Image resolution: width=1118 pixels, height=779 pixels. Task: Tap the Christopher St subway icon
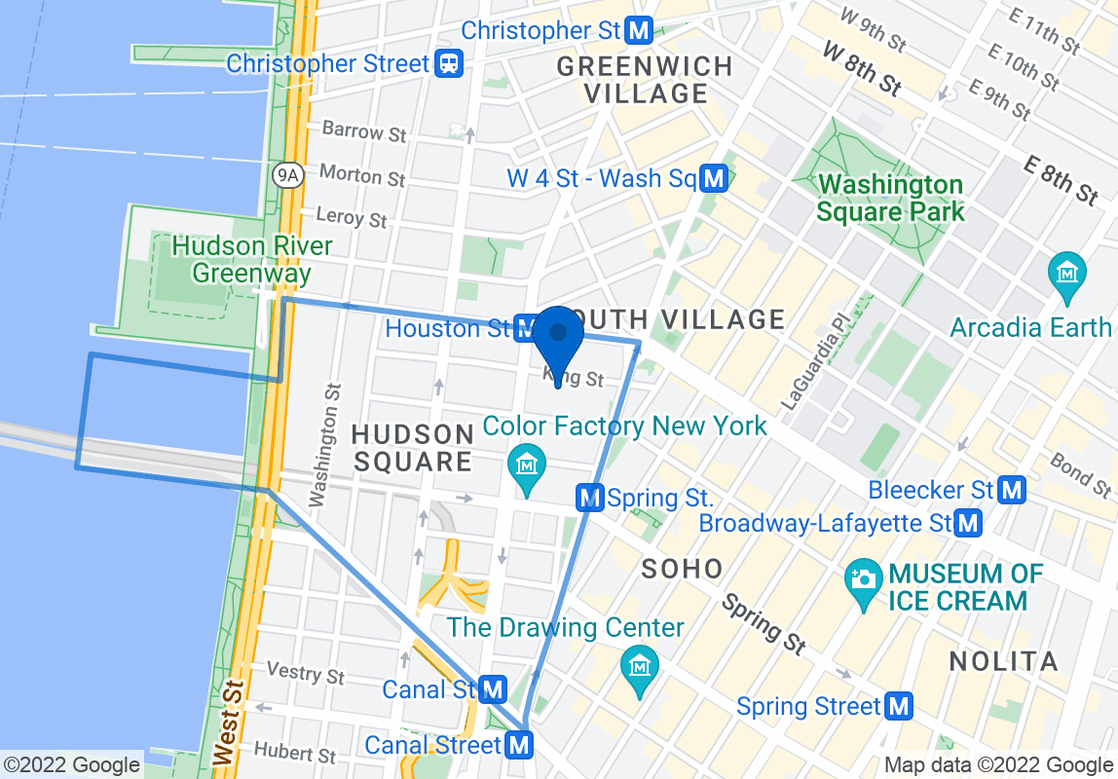(x=639, y=31)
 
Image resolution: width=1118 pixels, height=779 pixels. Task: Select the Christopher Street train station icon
(x=449, y=64)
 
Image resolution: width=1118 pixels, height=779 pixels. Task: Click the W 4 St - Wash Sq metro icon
(x=715, y=179)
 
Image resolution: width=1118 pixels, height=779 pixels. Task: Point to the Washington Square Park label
(x=890, y=198)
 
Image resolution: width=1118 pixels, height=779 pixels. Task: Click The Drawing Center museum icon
(x=640, y=666)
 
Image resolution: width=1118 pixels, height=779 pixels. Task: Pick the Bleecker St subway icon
(x=1013, y=490)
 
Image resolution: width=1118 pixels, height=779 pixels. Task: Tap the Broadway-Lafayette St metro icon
(x=967, y=524)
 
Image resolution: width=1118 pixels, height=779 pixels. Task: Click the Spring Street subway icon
(x=898, y=706)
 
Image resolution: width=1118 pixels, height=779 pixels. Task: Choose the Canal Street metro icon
(x=520, y=746)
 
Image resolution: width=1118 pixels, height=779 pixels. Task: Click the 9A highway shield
(x=287, y=174)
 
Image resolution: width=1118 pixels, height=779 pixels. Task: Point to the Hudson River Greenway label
(x=251, y=259)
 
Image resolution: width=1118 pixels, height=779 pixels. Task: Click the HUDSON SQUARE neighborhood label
(x=413, y=448)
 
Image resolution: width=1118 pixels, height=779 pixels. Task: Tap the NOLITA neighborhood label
(x=1003, y=662)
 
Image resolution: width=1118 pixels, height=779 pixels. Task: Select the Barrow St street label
(x=363, y=130)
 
